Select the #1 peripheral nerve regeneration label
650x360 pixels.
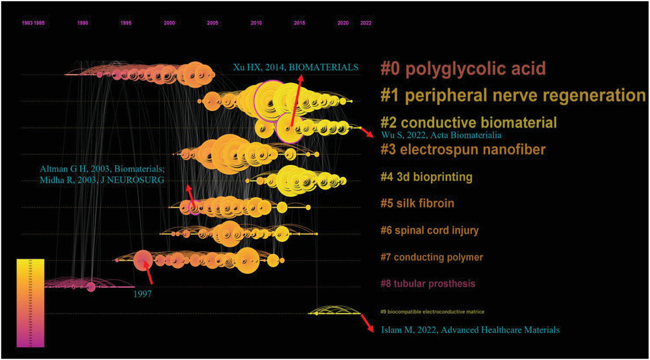pos(513,96)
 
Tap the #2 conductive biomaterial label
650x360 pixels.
pos(468,122)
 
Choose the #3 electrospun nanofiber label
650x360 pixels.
pos(462,150)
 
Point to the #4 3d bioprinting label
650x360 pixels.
pos(426,177)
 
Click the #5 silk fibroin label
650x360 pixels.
pos(417,203)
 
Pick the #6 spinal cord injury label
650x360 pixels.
pos(429,230)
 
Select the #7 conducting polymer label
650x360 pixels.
pos(432,257)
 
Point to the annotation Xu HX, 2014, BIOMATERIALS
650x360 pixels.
pos(296,67)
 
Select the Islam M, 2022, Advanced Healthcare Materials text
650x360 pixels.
pos(466,330)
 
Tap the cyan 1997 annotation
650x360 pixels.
pos(142,294)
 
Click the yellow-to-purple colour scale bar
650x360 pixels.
pos(31,303)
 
